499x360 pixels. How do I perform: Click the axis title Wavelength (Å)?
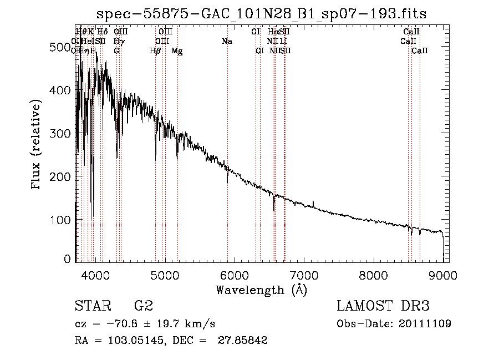(x=261, y=290)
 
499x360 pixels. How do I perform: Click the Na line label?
(x=226, y=41)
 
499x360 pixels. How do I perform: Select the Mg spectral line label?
(x=177, y=51)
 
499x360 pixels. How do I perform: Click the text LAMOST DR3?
(x=383, y=306)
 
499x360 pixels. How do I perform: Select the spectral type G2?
(x=143, y=306)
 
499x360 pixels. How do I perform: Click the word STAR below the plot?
(x=93, y=306)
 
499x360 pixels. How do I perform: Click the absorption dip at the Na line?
(x=227, y=179)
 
